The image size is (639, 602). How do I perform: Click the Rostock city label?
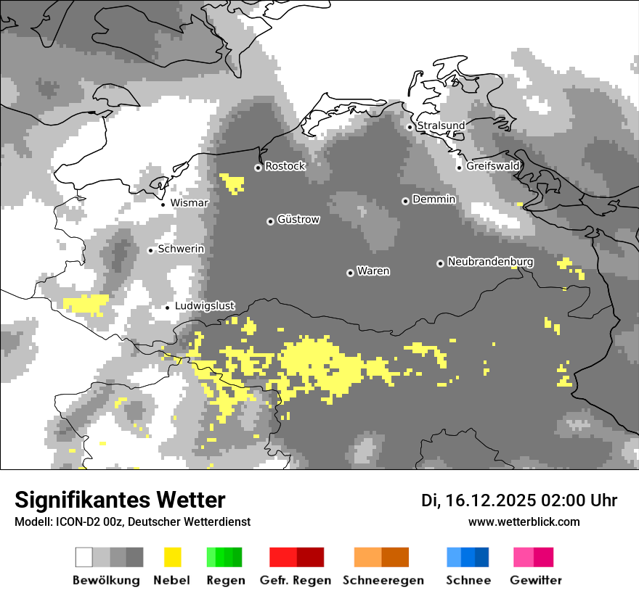[285, 166]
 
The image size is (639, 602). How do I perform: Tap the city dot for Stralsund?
[410, 127]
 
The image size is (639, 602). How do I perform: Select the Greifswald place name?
[493, 166]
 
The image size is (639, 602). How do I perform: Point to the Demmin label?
[434, 199]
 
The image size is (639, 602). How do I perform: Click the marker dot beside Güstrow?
[270, 221]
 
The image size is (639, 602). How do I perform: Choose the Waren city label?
[373, 271]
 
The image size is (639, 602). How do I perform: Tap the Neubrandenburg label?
[491, 262]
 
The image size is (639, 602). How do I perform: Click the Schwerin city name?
[182, 249]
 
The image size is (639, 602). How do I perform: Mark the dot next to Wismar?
[163, 205]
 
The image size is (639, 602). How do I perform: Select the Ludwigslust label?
[205, 306]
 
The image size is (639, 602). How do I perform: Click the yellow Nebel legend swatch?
[172, 557]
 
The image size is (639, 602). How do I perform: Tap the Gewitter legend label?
[536, 580]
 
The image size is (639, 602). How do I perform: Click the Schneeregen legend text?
[383, 580]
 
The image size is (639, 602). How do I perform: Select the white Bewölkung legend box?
[84, 557]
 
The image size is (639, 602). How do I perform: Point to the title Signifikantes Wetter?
[120, 500]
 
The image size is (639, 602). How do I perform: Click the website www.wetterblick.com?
[524, 522]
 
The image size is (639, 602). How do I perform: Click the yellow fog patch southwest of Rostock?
[233, 182]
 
